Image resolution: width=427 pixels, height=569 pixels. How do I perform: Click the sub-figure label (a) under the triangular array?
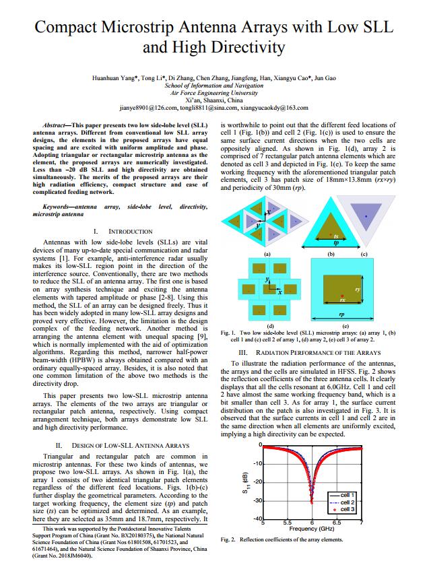tap(267, 253)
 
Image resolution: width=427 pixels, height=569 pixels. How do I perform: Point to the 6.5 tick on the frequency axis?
tap(336, 523)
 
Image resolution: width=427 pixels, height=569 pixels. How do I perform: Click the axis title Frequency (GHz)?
tap(313, 529)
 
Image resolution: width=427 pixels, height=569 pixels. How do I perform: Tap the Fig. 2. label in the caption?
tap(228, 540)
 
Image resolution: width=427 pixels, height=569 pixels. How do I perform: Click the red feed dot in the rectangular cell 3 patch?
tap(341, 296)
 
